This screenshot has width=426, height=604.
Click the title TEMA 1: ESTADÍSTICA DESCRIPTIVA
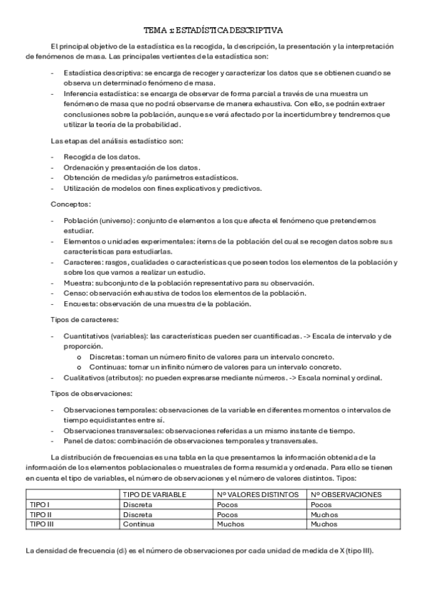(213, 31)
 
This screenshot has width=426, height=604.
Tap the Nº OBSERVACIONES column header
(346, 494)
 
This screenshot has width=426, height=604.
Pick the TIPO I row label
(40, 504)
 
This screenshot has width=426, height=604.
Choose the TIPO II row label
(41, 514)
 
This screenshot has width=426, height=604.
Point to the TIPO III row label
(42, 524)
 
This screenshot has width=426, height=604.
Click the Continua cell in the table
(138, 524)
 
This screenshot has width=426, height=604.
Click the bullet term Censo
(74, 293)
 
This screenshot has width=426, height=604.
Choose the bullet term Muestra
(77, 283)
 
